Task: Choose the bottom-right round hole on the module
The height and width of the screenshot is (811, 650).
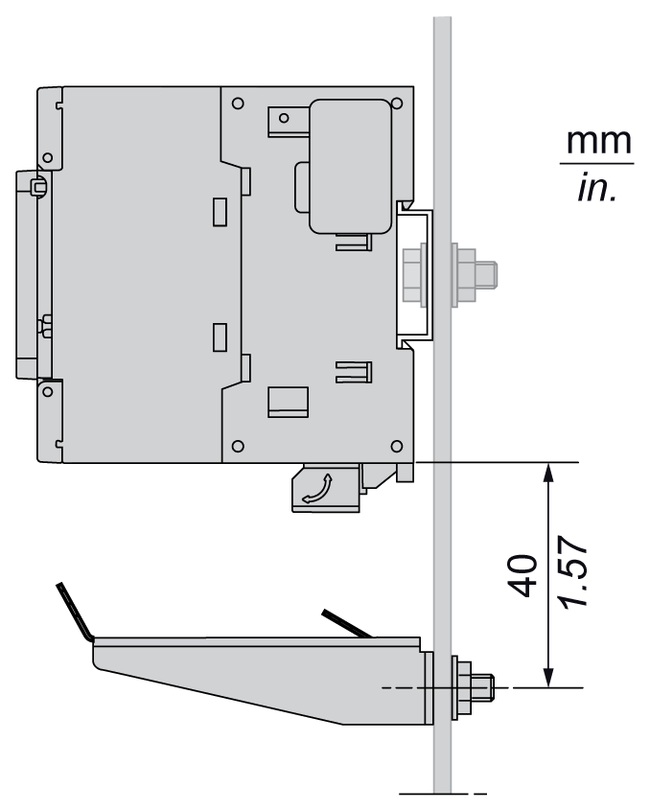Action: [396, 446]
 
